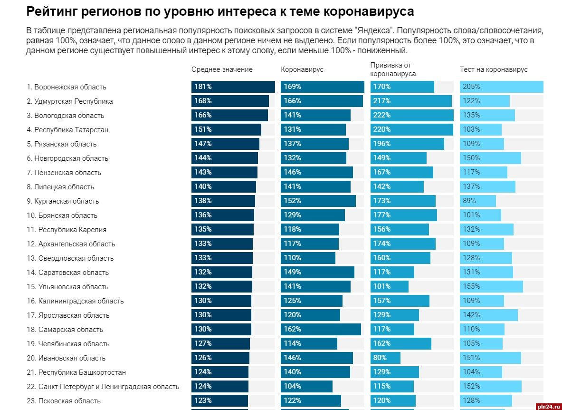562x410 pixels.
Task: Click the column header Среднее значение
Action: pos(222,69)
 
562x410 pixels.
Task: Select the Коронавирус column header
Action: pos(302,69)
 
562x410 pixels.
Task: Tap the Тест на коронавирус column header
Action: pos(494,69)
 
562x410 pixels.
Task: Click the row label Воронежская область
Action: pos(67,87)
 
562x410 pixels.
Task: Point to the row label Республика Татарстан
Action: pos(67,130)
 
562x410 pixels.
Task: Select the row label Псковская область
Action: pos(64,401)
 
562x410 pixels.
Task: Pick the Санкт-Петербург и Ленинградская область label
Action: pos(103,387)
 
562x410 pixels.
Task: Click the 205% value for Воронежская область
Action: pos(471,87)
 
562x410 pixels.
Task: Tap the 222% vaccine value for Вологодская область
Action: pos(382,115)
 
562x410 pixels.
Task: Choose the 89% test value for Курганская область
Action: pos(469,201)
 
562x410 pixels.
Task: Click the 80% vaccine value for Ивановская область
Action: pos(380,358)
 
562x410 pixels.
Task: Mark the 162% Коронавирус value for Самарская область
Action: pos(293,329)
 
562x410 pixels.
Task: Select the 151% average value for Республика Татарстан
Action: pos(203,129)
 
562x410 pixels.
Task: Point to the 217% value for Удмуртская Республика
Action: pos(382,101)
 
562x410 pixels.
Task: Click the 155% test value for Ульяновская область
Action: pos(471,286)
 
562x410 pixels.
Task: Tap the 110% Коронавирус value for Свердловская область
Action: pos(293,258)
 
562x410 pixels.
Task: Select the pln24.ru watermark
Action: pos(546,406)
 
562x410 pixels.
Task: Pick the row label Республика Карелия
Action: pos(67,230)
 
